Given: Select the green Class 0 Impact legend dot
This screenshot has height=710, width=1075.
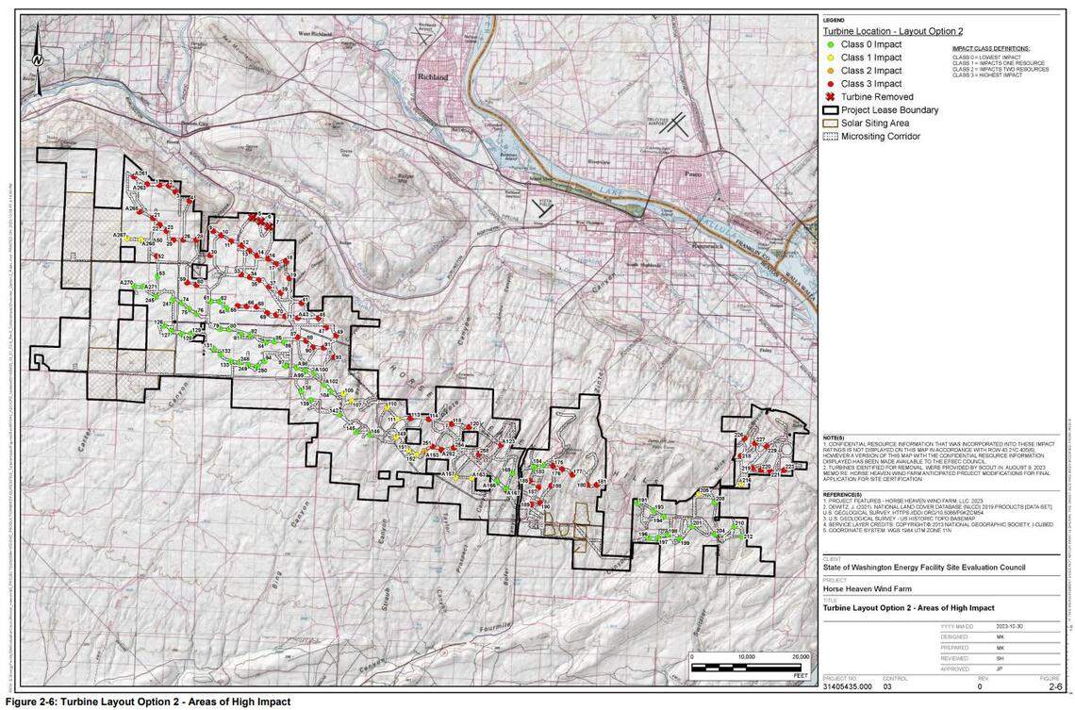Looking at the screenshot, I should point(830,44).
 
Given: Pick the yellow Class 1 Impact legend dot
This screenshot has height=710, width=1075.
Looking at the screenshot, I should point(830,58).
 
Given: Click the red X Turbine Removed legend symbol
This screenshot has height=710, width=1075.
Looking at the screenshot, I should point(830,97).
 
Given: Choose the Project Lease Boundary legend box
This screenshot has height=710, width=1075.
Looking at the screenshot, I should point(830,110).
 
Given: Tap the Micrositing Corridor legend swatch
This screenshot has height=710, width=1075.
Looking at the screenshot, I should point(830,137).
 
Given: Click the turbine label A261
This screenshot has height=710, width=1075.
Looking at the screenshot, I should point(141,174).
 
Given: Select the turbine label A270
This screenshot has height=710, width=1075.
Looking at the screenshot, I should point(126,283).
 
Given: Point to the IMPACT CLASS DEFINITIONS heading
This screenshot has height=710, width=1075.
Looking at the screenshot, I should point(990,48).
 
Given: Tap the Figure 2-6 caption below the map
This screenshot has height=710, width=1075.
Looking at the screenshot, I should point(148,702).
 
